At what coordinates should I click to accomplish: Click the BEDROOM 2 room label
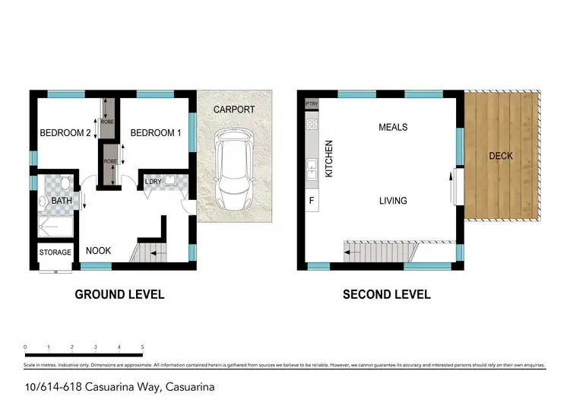click(x=65, y=134)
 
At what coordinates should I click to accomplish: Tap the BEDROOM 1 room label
click(x=156, y=134)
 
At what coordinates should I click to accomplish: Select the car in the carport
click(x=234, y=170)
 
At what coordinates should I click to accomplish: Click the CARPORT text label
click(x=234, y=110)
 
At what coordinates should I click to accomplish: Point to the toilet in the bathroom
click(x=65, y=184)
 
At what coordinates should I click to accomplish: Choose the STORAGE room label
click(x=55, y=252)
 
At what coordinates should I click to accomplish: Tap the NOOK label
click(x=98, y=250)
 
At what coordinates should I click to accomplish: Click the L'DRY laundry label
click(x=153, y=181)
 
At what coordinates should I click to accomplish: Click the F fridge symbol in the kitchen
click(x=311, y=201)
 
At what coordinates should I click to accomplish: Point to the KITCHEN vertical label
click(x=329, y=158)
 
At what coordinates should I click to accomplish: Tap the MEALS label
click(x=393, y=127)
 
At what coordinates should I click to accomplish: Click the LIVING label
click(x=393, y=201)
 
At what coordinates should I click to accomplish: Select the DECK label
click(x=501, y=156)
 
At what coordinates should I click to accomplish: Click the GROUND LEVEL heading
click(x=119, y=294)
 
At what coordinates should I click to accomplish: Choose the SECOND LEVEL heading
click(x=386, y=294)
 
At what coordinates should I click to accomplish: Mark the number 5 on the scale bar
click(x=143, y=347)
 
